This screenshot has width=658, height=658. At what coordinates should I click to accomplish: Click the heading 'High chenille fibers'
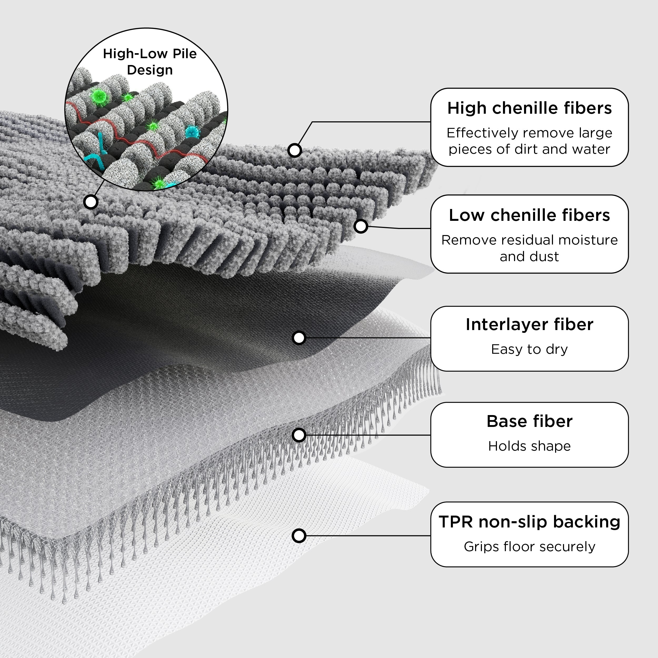click(529, 108)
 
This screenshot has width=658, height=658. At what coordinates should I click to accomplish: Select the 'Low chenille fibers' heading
click(529, 215)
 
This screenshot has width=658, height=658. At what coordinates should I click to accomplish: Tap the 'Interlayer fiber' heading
click(529, 324)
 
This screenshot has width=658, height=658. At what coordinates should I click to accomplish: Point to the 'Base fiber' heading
click(529, 421)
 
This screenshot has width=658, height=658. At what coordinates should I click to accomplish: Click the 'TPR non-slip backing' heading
click(529, 522)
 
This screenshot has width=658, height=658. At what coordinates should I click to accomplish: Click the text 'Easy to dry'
click(529, 349)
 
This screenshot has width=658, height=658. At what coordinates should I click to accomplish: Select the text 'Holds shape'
click(529, 446)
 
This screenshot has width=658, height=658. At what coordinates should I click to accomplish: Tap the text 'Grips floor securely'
click(529, 547)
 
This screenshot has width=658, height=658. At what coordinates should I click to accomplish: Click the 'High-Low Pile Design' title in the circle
click(150, 62)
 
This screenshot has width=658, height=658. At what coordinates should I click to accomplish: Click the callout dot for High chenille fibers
click(295, 150)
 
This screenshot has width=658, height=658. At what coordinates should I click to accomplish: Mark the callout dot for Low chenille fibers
click(361, 226)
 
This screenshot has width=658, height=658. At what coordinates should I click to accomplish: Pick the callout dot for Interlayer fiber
click(299, 338)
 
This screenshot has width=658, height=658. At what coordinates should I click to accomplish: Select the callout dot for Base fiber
click(299, 435)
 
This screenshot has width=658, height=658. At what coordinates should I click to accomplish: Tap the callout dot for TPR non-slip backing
click(299, 536)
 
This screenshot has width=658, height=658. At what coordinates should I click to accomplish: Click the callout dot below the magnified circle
click(91, 202)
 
